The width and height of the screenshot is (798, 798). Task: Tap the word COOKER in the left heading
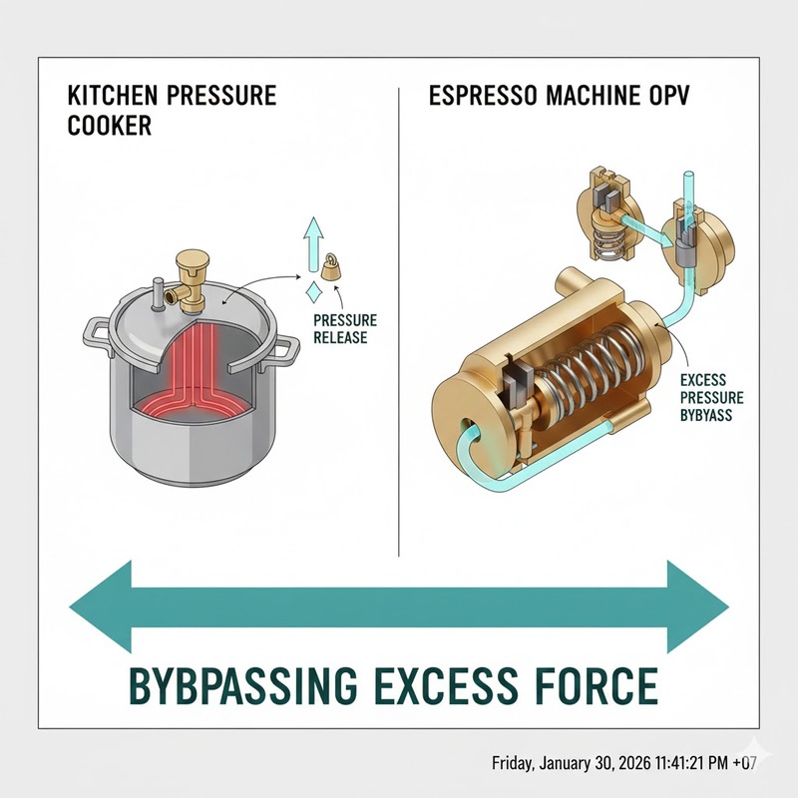(110, 126)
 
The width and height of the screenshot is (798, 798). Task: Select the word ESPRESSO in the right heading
(483, 95)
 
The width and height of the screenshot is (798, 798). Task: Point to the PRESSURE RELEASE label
(345, 329)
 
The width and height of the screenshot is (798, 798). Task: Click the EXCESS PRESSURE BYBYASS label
(711, 397)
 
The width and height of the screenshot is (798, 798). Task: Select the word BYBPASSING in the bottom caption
(243, 685)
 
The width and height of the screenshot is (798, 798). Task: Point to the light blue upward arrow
(313, 244)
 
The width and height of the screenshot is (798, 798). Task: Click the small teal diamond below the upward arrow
(312, 294)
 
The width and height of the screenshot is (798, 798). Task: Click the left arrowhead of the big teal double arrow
(101, 606)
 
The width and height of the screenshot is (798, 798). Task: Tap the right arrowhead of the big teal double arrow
(697, 606)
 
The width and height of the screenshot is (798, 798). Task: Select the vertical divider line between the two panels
(398, 321)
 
